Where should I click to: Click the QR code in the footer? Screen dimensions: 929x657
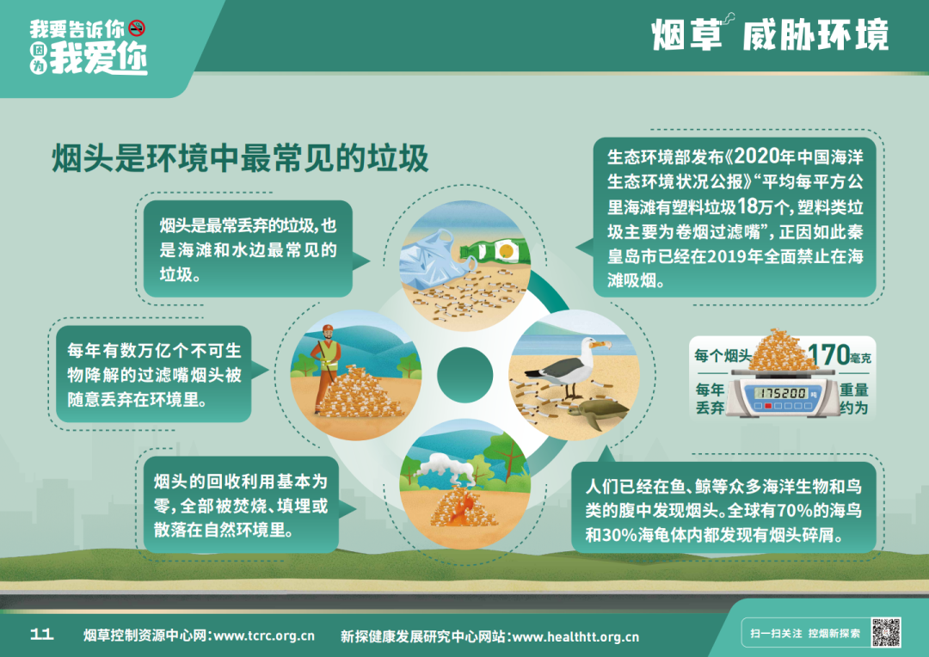pos(886,632)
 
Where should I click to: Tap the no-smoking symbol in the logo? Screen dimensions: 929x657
pos(137,28)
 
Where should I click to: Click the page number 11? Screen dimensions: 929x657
pos(41,635)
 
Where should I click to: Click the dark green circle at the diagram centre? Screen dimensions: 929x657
pos(464,375)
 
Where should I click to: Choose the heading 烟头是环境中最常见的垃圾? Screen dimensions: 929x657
pos(240,158)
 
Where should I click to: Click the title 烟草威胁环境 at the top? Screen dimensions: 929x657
pos(770,34)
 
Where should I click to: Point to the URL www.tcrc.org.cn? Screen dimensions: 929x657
pos(264,636)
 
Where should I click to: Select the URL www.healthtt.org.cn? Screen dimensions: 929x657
pos(575,637)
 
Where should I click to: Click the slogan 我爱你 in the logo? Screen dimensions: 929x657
pos(98,58)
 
